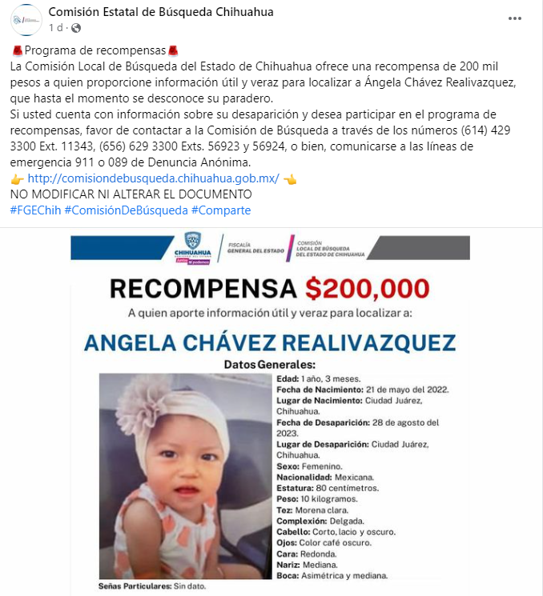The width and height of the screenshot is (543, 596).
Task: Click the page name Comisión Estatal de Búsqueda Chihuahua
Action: tap(161, 12)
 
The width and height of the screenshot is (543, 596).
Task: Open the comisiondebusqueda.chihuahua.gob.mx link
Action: tap(153, 178)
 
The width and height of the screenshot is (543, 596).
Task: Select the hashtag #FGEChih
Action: tap(34, 210)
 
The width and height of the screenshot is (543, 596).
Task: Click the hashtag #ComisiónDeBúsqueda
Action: tap(126, 210)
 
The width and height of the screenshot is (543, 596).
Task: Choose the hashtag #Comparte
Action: tap(221, 210)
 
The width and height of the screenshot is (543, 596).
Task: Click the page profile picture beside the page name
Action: tap(27, 19)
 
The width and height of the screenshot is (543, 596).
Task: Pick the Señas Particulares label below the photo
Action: tap(133, 586)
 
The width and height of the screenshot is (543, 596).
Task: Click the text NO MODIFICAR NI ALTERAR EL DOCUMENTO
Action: tap(131, 194)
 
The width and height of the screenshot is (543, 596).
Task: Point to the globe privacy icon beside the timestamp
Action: tap(76, 28)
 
